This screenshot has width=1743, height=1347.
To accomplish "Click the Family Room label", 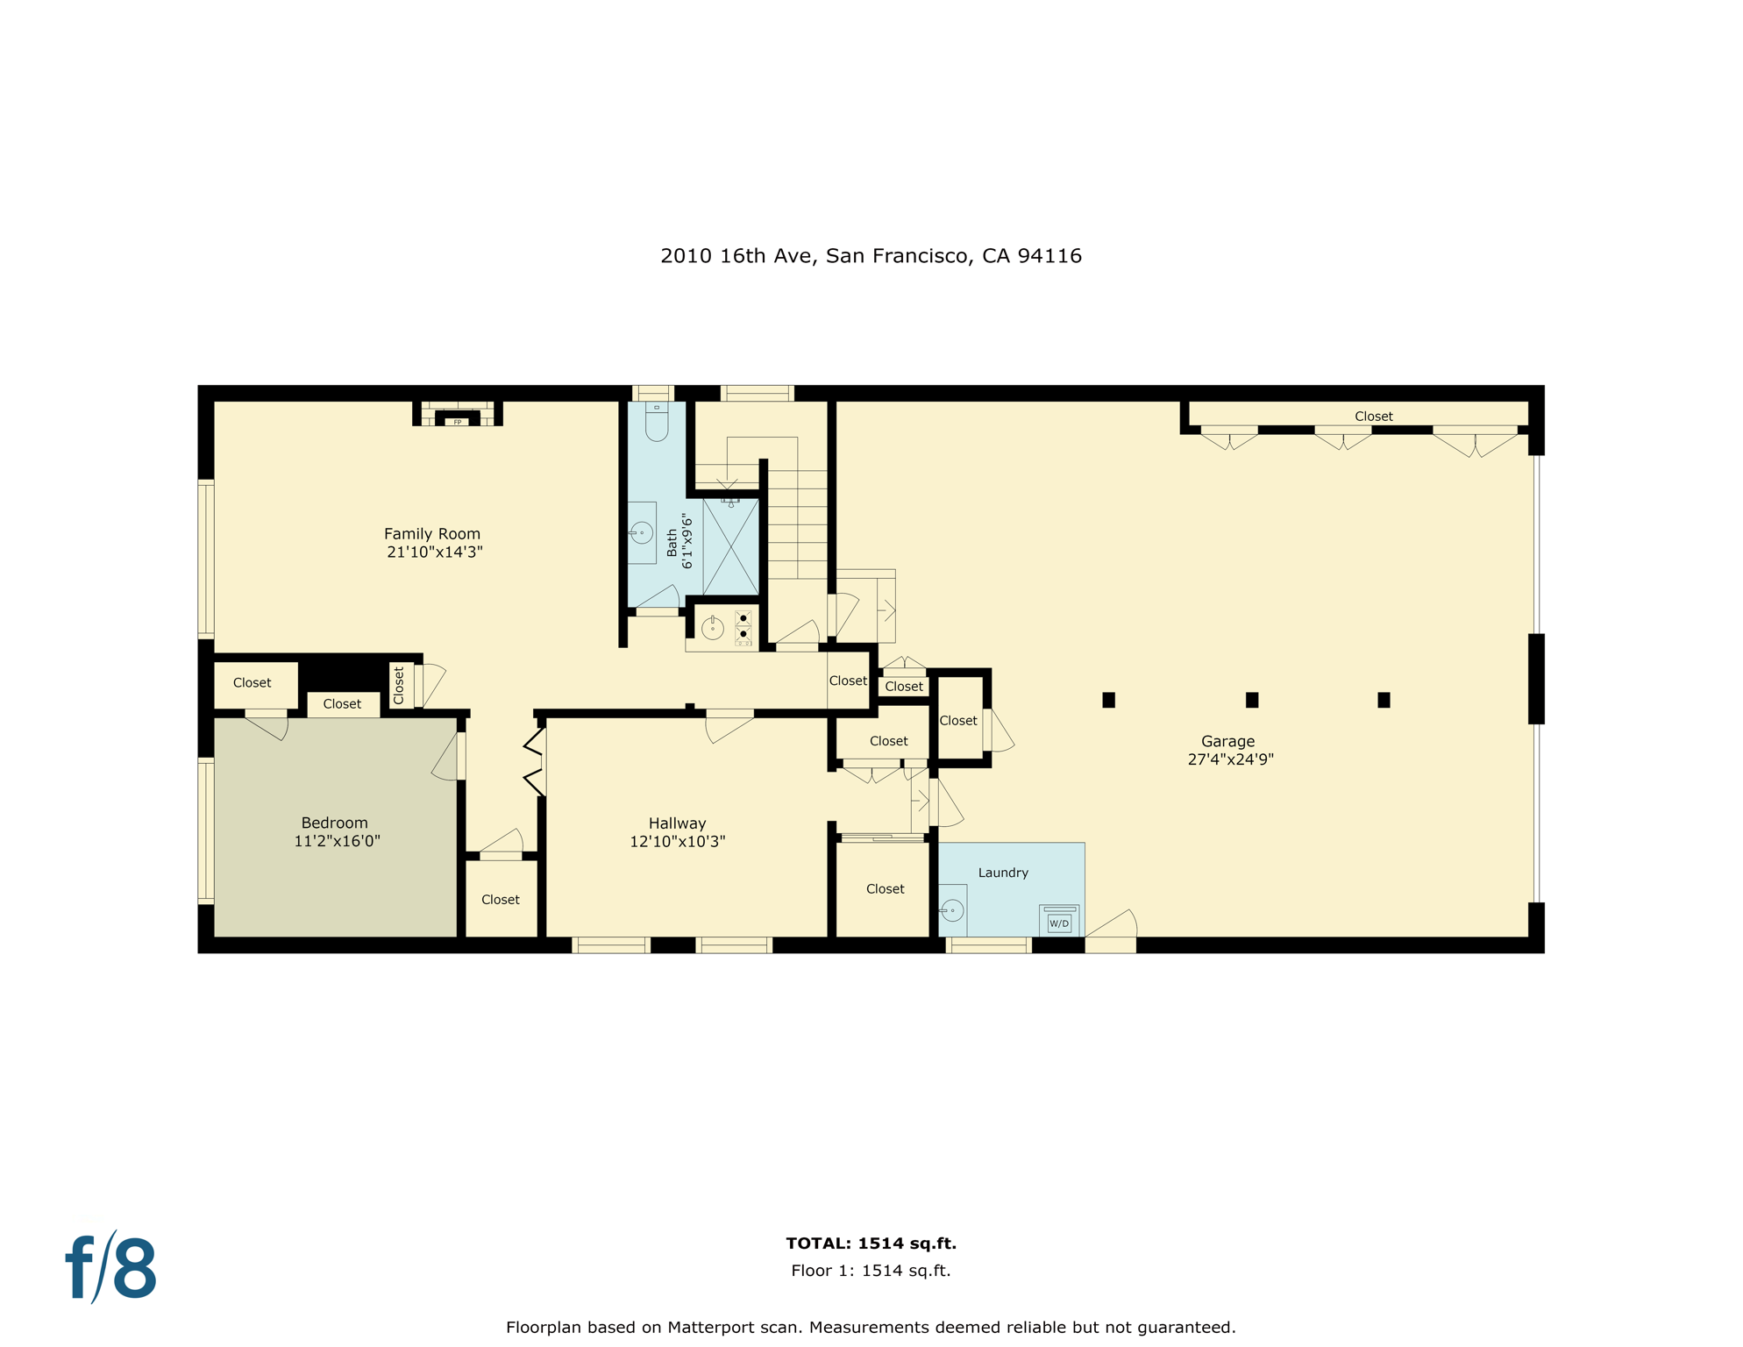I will tap(431, 533).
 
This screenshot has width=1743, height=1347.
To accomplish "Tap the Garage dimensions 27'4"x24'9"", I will tap(1230, 759).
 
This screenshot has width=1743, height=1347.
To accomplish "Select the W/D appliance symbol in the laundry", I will tap(1059, 923).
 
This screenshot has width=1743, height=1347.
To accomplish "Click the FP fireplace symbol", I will tap(458, 421).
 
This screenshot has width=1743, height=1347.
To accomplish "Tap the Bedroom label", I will tap(334, 823).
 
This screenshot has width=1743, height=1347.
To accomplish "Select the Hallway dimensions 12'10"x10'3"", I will tap(677, 842).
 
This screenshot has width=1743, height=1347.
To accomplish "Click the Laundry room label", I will tap(1003, 873).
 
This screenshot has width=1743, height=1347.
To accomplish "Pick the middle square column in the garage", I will tap(1252, 700).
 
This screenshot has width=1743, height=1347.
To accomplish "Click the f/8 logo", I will tap(111, 1268).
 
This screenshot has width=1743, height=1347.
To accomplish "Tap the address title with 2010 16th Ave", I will tap(871, 256).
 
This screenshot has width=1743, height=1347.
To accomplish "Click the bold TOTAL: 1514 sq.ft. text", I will tap(871, 1243).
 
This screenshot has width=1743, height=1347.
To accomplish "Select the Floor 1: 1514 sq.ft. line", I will tap(871, 1271).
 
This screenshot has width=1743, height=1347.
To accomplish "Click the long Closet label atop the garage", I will tap(1373, 417).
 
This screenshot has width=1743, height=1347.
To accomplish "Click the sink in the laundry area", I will tap(952, 910).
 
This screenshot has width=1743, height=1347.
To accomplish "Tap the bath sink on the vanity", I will tap(642, 532).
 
